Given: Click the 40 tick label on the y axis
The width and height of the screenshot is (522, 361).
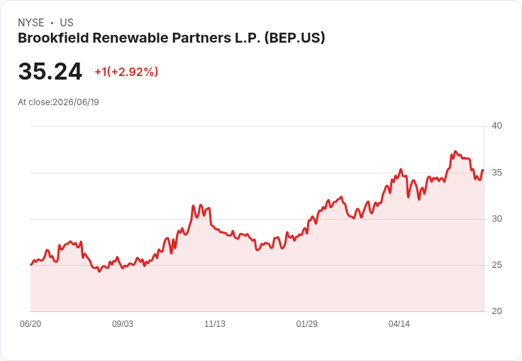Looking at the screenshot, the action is pyautogui.click(x=496, y=126).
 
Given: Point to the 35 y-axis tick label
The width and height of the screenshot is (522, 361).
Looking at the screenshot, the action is pyautogui.click(x=496, y=173).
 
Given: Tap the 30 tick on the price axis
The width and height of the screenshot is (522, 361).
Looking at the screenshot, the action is pyautogui.click(x=496, y=219).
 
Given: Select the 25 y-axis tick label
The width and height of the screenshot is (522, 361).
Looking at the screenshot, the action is pyautogui.click(x=496, y=265).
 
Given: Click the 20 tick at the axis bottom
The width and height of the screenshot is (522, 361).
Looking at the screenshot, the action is pyautogui.click(x=496, y=311).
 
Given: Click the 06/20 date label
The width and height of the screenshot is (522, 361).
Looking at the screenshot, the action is pyautogui.click(x=30, y=324).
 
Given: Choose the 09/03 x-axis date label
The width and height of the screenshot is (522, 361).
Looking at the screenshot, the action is pyautogui.click(x=123, y=324).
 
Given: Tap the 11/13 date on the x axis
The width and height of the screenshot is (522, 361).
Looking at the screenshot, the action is pyautogui.click(x=215, y=324).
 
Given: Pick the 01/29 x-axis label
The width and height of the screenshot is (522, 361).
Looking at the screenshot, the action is pyautogui.click(x=307, y=324).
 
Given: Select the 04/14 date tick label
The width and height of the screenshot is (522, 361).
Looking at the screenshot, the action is pyautogui.click(x=399, y=324).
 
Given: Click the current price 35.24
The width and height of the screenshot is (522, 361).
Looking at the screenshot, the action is pyautogui.click(x=50, y=71).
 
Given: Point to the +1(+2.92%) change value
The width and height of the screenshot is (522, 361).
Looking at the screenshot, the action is pyautogui.click(x=126, y=72).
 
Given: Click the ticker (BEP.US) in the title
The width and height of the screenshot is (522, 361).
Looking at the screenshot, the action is pyautogui.click(x=294, y=38).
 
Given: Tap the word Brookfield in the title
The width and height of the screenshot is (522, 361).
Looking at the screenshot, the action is pyautogui.click(x=53, y=38).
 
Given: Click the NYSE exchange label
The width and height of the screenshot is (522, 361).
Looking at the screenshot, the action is pyautogui.click(x=31, y=23).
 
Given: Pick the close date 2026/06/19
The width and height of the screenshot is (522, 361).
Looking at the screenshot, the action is pyautogui.click(x=76, y=102).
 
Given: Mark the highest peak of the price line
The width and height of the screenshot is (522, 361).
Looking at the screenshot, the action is pyautogui.click(x=456, y=151).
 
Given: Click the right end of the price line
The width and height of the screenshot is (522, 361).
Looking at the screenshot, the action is pyautogui.click(x=483, y=171).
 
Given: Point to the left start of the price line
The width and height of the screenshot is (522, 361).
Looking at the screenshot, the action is pyautogui.click(x=31, y=264).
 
